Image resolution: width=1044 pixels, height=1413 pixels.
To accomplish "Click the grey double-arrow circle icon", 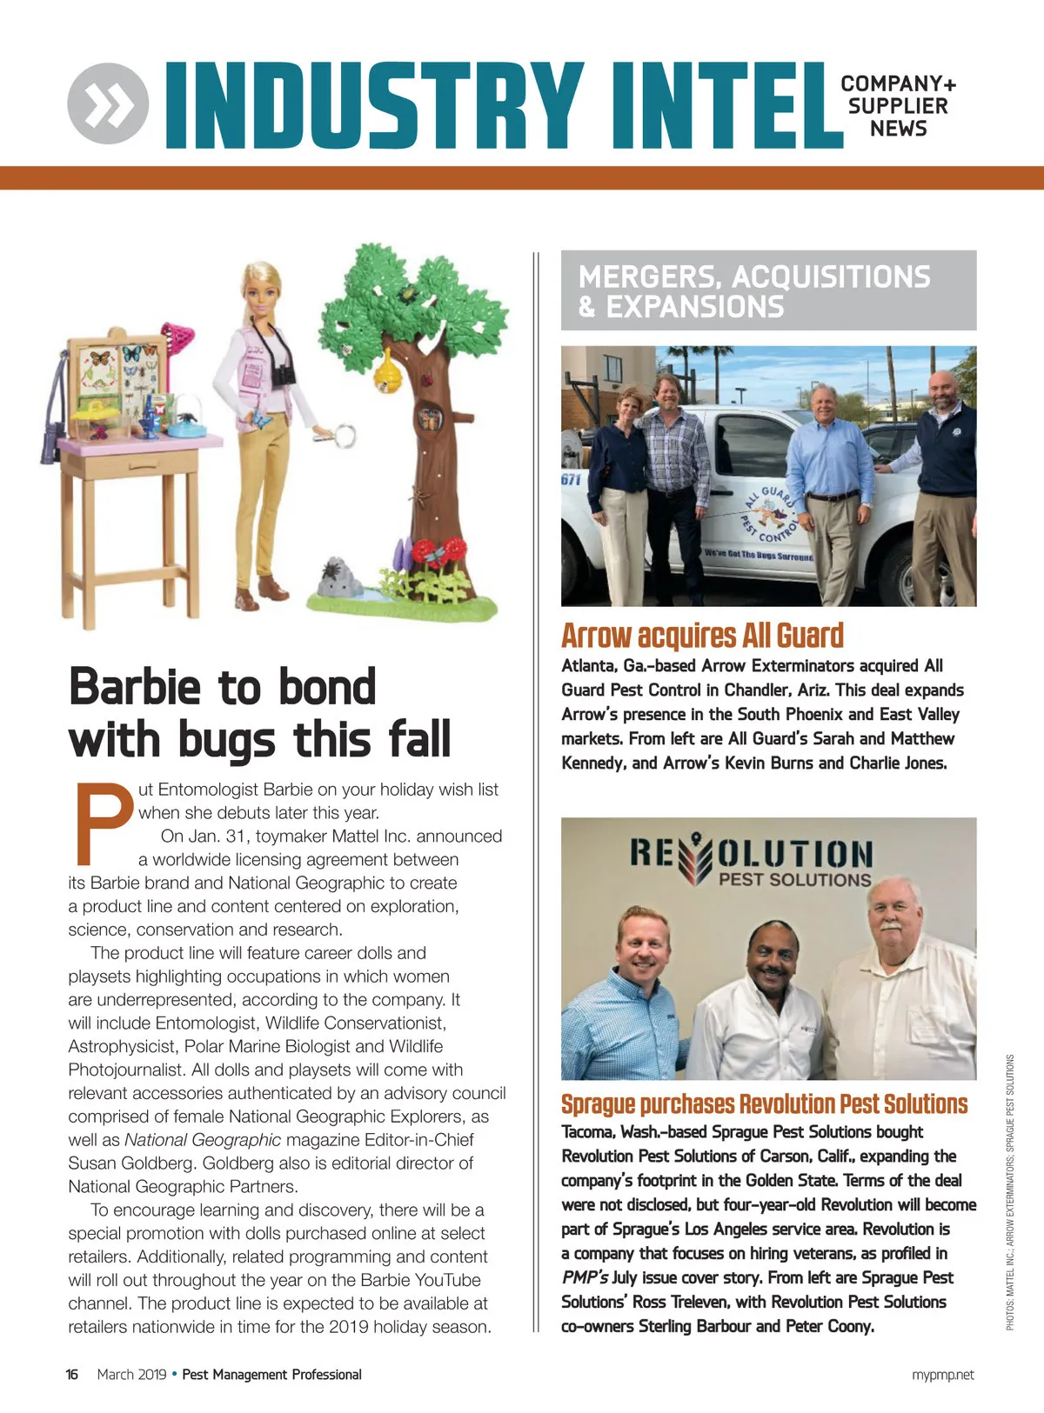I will (108, 104).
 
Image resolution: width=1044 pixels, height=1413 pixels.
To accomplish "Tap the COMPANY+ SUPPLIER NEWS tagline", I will (898, 106).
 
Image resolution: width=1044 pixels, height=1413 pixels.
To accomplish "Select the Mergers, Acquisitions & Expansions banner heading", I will (754, 291).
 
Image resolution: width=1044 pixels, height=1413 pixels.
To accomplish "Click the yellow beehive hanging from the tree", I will (388, 371).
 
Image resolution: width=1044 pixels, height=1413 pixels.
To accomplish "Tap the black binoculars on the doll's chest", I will (283, 374).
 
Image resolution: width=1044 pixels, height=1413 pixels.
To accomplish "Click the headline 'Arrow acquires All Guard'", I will (702, 636).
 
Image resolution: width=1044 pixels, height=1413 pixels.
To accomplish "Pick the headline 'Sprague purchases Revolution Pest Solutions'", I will (764, 1104).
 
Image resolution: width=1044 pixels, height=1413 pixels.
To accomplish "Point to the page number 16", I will (72, 1375).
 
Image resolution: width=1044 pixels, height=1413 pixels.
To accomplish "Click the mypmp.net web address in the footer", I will (943, 1375).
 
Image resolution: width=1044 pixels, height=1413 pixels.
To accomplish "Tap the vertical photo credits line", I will (1010, 1191).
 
